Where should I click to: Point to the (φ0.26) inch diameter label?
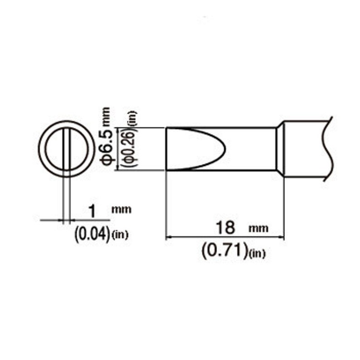(127, 148)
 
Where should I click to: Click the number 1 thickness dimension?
(92, 212)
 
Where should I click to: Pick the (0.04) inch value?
(92, 234)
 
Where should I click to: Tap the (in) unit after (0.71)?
(257, 254)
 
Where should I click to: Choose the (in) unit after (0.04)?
(121, 234)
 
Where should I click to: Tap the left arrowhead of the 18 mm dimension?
(169, 236)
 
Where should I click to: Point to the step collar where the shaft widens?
(281, 149)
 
